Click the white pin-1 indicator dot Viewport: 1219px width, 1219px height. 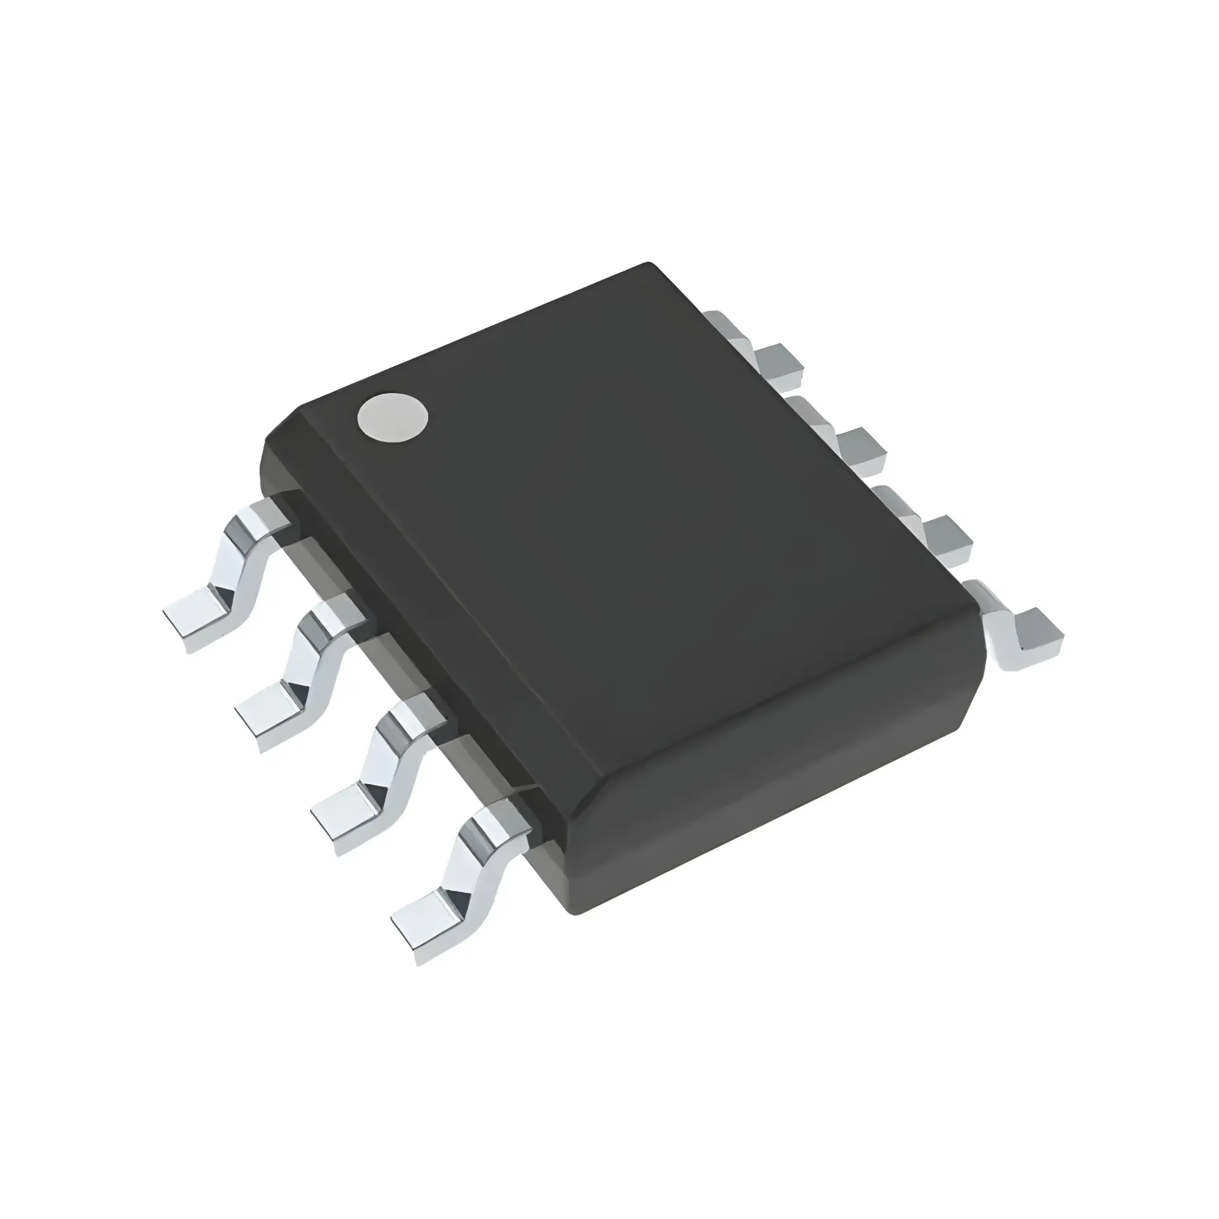(392, 416)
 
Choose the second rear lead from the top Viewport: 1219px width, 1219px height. (854, 448)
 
